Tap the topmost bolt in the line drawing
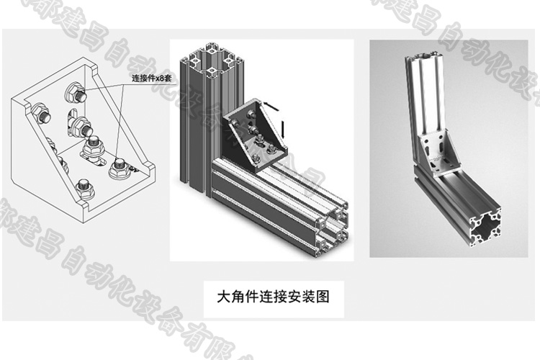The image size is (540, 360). (x=74, y=92)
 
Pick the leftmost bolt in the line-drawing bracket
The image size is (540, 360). (x=41, y=112)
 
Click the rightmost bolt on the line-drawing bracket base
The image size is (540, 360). (x=119, y=171)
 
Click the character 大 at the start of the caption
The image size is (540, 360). (x=223, y=296)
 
